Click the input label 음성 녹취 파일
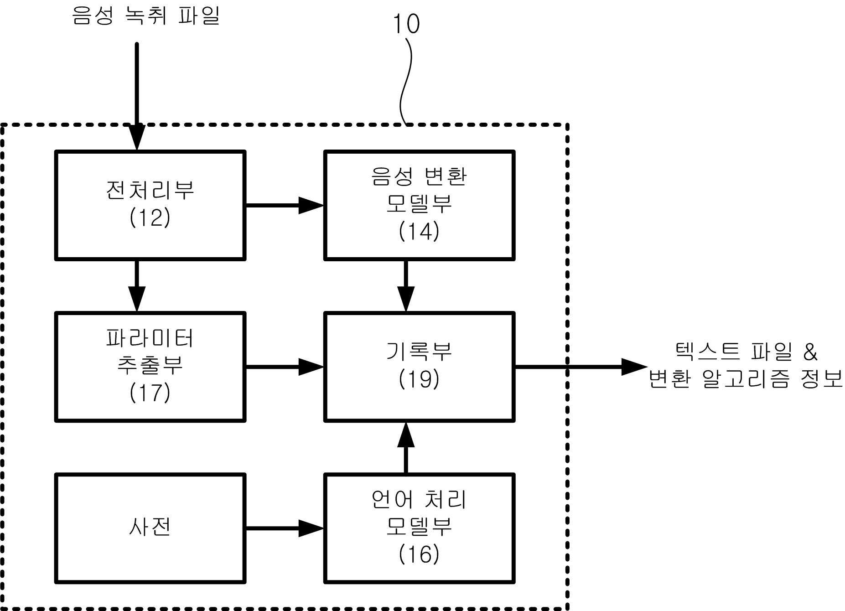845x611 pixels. (x=146, y=16)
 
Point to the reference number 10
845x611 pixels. (x=406, y=24)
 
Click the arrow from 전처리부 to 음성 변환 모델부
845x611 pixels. (x=285, y=205)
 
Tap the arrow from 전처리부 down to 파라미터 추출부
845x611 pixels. (x=137, y=286)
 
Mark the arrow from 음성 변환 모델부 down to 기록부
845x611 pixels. (x=406, y=286)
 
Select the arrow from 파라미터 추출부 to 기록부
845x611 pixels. (x=285, y=367)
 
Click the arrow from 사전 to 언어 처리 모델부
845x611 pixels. (x=285, y=528)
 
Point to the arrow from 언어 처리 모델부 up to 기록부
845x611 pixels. (x=406, y=448)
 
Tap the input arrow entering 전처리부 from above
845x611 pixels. (x=137, y=97)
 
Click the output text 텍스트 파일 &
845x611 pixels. (x=746, y=352)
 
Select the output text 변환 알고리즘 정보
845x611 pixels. (x=746, y=379)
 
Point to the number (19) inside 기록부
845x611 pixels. (x=419, y=379)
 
